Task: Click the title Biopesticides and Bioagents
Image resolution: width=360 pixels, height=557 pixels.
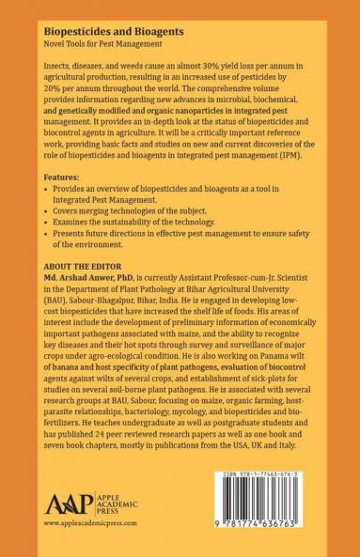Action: coord(106,30)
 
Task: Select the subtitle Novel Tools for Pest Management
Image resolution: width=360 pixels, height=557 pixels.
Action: coord(102,45)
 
